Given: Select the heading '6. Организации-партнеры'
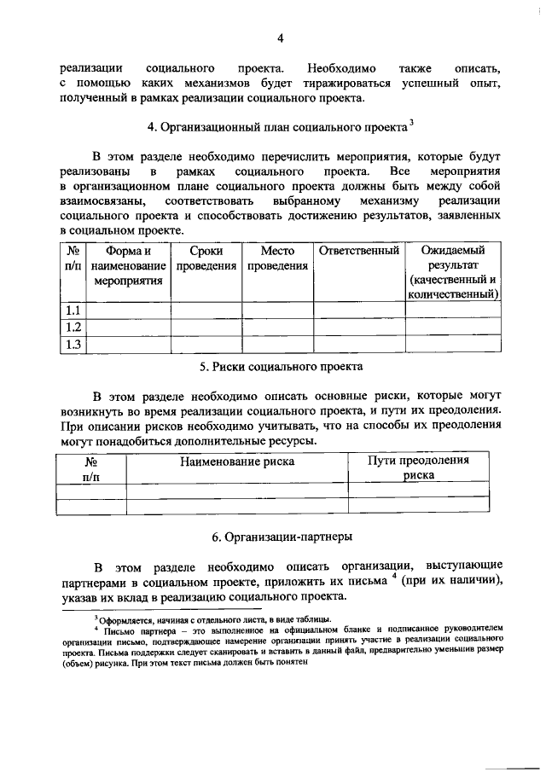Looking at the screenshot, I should coord(282,537).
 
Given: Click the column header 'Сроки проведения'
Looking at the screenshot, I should coord(207,258).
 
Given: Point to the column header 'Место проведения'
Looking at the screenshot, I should coord(278,258).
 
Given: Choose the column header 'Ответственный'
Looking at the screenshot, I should coord(359,252).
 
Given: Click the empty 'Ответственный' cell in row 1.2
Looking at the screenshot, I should coord(359,328).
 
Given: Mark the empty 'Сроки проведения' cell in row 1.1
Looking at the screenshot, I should coord(207,310).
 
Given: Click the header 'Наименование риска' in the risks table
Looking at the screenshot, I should coord(237,461).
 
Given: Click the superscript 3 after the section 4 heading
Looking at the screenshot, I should coord(410,123).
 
